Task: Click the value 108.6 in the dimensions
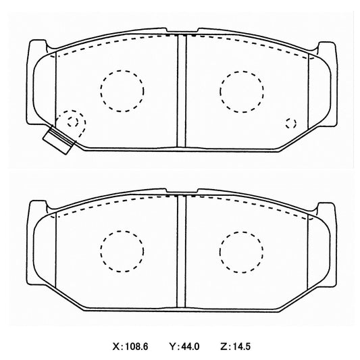coord(136,346)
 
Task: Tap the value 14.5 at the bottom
coord(241,346)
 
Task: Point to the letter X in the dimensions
coord(115,346)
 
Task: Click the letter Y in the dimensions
coord(172,346)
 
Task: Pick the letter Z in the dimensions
coord(224,346)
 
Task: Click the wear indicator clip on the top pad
coord(59,140)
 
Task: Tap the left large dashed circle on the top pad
coord(122,70)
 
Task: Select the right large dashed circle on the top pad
coord(242,71)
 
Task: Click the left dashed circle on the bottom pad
coord(122,231)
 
